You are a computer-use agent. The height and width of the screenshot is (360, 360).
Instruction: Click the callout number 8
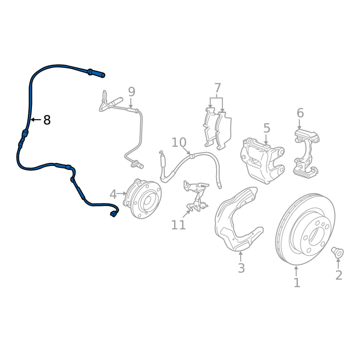click(x=47, y=120)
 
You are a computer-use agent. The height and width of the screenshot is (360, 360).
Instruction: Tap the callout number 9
click(x=131, y=92)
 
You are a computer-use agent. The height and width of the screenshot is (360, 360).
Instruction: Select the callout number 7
click(x=217, y=88)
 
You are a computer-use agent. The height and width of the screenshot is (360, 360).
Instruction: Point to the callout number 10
click(x=179, y=143)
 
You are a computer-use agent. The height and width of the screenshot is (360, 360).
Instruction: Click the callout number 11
click(x=179, y=224)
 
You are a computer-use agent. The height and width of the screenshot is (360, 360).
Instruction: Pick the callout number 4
click(x=113, y=194)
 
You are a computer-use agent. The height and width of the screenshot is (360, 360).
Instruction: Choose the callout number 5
click(x=266, y=128)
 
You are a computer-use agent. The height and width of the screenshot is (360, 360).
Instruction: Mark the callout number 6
click(x=300, y=113)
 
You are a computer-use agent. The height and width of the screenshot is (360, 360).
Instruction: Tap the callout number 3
click(x=241, y=268)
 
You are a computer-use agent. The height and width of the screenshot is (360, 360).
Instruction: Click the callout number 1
click(x=297, y=283)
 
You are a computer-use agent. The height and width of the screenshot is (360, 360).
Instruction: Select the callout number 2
click(x=338, y=274)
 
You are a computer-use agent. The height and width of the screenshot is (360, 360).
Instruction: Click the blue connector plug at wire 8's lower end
click(x=113, y=215)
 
